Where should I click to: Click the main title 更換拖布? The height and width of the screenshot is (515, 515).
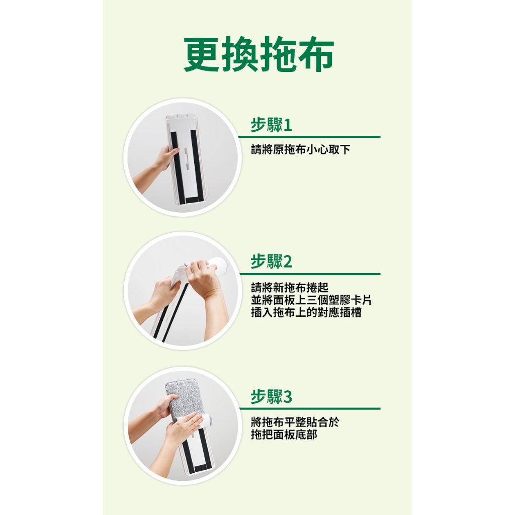tap(259, 54)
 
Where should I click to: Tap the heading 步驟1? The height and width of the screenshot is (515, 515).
tap(271, 125)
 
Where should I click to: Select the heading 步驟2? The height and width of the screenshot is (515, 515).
tap(271, 262)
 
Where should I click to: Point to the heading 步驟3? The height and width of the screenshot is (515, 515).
tap(271, 396)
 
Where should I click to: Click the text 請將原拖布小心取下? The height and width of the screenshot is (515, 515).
tap(301, 150)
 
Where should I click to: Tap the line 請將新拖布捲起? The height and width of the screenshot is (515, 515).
tap(290, 287)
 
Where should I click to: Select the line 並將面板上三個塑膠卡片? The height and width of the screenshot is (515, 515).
tap(311, 300)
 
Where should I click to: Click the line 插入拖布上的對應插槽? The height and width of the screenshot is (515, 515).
tap(306, 312)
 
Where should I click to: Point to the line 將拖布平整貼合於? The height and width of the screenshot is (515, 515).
tap(295, 422)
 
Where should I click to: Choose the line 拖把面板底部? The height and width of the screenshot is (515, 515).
tap(284, 435)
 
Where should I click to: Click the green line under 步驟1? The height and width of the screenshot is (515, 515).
tap(309, 137)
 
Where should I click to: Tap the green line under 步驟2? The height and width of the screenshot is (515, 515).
tap(309, 274)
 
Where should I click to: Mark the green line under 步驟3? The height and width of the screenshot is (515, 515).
tap(309, 409)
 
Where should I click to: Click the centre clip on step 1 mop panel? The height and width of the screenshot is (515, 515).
tap(186, 158)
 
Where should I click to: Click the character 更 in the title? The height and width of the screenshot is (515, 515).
tap(202, 54)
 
